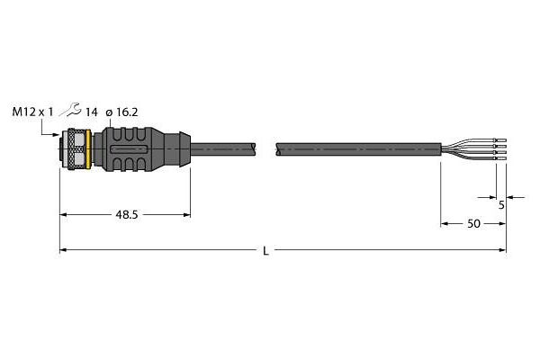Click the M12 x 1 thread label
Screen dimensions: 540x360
[x=33, y=112]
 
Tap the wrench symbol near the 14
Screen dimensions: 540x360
[x=70, y=109]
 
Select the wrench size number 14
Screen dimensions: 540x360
[x=91, y=112]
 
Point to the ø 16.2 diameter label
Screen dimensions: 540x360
[x=121, y=112]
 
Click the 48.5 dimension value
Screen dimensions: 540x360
[x=127, y=215]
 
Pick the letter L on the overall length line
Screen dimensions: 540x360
[x=265, y=251]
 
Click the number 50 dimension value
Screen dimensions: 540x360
[x=473, y=224]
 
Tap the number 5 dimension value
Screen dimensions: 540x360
[x=501, y=205]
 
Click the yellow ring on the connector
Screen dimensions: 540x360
[x=88, y=149]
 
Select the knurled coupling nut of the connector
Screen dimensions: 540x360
[x=76, y=149]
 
